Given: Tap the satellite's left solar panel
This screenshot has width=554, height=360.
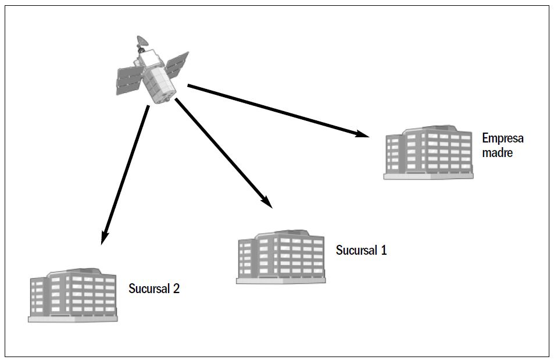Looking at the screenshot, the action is (x=129, y=81).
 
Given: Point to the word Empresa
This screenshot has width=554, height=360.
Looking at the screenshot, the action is (x=502, y=138).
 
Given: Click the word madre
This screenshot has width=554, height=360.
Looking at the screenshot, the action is (x=497, y=153).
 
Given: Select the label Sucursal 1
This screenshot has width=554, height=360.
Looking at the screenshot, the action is (x=361, y=251).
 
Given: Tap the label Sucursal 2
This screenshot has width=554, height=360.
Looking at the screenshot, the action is (x=154, y=288).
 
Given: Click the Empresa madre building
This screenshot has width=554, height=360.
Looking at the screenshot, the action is (x=428, y=152).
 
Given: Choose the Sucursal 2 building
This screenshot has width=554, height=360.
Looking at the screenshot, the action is (x=73, y=295).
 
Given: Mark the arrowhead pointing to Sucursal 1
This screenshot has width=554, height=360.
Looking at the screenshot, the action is (x=266, y=202).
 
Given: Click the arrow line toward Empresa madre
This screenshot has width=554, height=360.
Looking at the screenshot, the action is (x=278, y=111).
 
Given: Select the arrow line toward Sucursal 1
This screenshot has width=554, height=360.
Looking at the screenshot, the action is (x=224, y=153).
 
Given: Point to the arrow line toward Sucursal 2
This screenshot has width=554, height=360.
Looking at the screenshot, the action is (x=125, y=175).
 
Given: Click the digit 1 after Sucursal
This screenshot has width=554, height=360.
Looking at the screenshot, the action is (x=383, y=251).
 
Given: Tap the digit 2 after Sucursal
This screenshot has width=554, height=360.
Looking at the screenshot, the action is (x=176, y=288).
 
